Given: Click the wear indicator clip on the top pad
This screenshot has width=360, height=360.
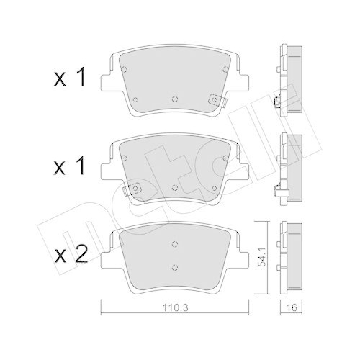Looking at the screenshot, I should tap(213, 101).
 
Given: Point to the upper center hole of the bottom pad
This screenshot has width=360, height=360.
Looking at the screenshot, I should tap(175, 244).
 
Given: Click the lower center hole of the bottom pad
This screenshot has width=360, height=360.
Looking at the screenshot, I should tap(175, 268).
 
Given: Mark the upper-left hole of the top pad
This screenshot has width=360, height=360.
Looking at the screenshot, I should tap(125, 70).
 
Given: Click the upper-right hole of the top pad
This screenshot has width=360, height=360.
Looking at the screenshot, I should tap(225, 70).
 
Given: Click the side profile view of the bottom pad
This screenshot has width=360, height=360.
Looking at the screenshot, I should tap(290, 256).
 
